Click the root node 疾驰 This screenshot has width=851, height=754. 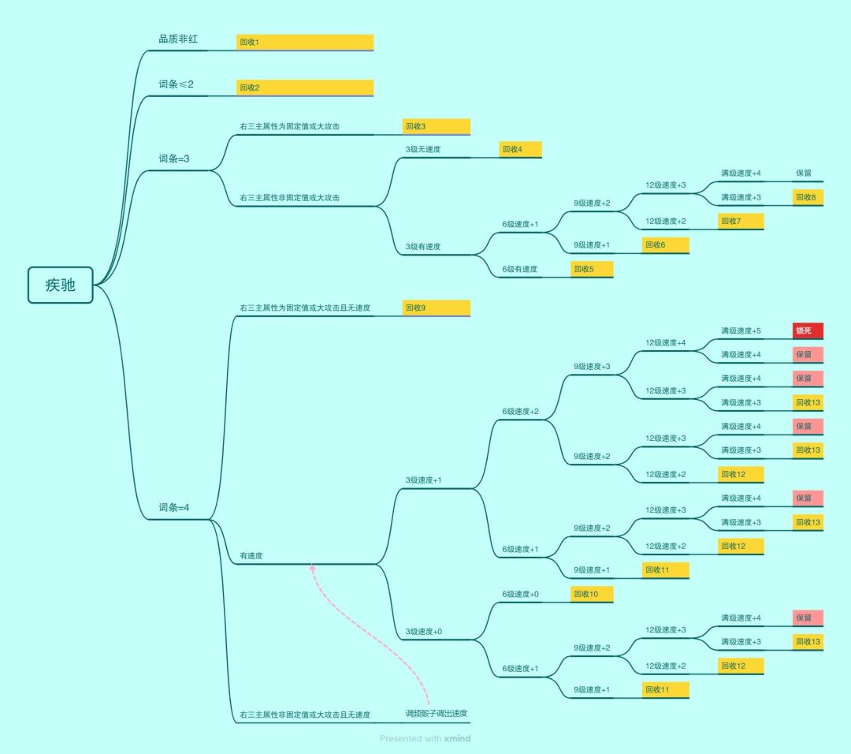point(60,285)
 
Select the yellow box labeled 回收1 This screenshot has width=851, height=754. point(305,43)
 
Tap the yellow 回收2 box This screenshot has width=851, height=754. point(305,88)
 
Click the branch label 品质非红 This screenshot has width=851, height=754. point(178,39)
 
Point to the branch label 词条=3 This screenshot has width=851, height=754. point(173,159)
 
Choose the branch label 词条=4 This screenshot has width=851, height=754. point(173,507)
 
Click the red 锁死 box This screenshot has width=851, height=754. point(808,330)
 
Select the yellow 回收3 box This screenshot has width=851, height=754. point(437,126)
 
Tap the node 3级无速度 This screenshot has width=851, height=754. point(423,149)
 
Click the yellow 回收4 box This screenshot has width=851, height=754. point(521,149)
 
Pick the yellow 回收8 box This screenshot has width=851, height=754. point(808,197)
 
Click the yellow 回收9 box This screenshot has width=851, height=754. point(437,308)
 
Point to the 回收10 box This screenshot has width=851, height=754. point(592,594)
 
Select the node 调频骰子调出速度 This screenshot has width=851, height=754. point(437,713)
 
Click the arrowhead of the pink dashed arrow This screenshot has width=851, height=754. point(312,567)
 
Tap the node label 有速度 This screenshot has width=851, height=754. point(251,556)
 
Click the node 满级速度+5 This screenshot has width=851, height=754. point(741,330)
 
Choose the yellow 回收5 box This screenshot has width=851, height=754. point(592,269)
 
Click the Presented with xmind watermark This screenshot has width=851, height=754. point(425,738)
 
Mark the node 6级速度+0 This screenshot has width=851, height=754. point(521,595)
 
